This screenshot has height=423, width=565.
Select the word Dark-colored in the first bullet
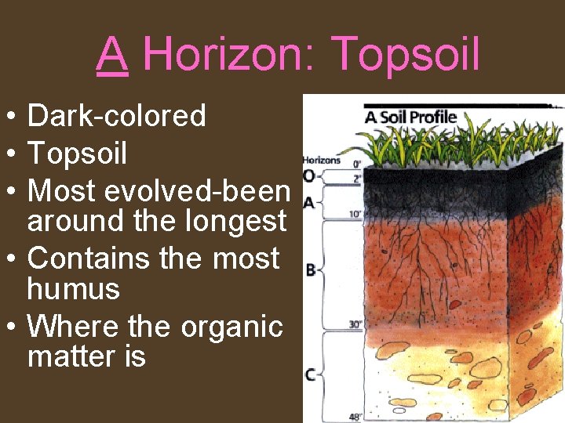[x=117, y=116]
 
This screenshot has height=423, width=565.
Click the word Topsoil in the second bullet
[x=77, y=154]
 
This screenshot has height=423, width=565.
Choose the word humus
[x=74, y=289]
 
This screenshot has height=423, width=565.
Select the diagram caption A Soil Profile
[x=410, y=117]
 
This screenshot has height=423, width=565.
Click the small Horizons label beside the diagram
[x=322, y=161]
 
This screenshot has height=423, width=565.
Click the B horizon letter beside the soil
[x=310, y=269]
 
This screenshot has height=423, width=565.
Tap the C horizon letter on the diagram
[x=310, y=374]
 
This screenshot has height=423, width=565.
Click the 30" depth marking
[x=355, y=324]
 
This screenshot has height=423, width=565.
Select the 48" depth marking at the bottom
[x=355, y=417]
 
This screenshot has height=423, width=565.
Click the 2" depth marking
[x=357, y=179]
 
